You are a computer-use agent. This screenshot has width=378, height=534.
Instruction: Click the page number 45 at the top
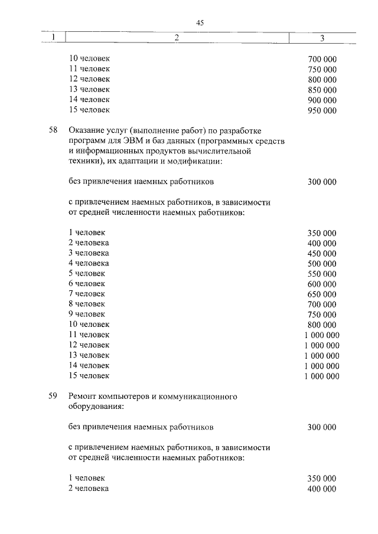pos(200,22)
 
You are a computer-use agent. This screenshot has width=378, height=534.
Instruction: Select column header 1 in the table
pos(53,38)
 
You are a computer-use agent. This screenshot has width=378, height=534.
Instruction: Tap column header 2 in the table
pos(177,38)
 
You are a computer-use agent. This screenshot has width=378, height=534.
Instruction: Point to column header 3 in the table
pos(321,38)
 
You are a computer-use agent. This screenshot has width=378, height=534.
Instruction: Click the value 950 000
pos(322,110)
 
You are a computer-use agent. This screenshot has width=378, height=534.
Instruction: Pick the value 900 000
pos(322,100)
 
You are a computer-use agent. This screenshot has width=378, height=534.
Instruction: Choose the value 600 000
pos(322,283)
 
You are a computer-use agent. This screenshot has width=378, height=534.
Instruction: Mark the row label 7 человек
pos(87,293)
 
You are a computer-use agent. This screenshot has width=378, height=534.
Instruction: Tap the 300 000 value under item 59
pos(322,427)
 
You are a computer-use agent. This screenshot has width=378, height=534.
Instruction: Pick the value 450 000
pos(322,253)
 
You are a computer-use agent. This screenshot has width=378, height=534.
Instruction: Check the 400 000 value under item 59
pos(322,489)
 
